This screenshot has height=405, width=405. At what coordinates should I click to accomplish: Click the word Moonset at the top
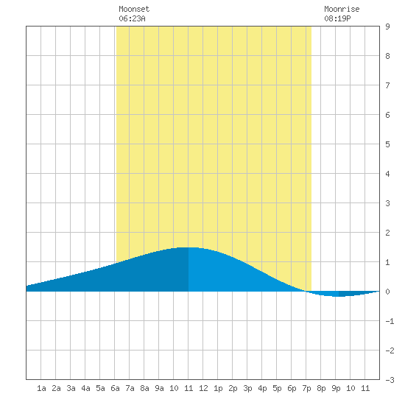(134, 9)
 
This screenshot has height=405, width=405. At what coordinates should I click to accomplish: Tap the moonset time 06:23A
(132, 18)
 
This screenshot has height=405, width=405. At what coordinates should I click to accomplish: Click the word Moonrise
(342, 9)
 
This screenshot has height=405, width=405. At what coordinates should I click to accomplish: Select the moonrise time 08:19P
(337, 18)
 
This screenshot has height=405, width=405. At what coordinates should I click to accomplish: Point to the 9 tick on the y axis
(387, 27)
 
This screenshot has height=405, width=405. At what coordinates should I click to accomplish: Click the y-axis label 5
(387, 144)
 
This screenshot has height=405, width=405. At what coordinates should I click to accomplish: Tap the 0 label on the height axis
(387, 292)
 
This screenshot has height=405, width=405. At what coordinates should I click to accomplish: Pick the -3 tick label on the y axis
(390, 380)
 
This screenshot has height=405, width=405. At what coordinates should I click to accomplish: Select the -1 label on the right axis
(390, 321)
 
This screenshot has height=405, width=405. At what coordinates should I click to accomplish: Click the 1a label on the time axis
(41, 388)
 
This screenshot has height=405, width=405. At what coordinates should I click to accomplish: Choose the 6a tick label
(115, 388)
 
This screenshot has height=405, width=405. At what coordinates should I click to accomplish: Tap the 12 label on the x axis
(203, 388)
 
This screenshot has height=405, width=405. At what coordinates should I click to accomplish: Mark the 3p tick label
(247, 388)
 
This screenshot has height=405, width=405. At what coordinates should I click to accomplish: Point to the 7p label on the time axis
(306, 388)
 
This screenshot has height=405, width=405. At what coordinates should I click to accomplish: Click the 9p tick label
(336, 388)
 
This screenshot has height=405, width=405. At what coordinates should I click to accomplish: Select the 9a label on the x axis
(159, 388)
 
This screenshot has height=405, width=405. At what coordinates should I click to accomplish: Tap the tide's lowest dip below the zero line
(339, 296)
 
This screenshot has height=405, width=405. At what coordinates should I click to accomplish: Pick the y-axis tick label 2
(387, 233)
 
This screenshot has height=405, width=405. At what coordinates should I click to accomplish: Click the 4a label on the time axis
(85, 388)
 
